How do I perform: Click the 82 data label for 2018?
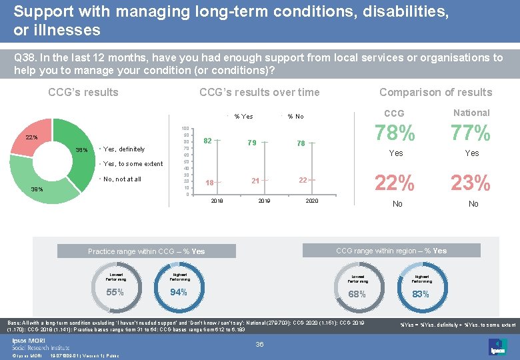click(x=208, y=141)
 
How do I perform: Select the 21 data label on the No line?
click(x=255, y=181)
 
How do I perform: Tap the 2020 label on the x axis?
click(x=311, y=201)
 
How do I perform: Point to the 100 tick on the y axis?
click(x=186, y=128)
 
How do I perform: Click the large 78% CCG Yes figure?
click(x=395, y=133)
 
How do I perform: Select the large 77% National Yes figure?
click(x=471, y=133)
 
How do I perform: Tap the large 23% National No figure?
click(x=471, y=182)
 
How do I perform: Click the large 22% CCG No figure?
click(x=395, y=182)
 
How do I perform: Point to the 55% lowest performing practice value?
click(x=115, y=292)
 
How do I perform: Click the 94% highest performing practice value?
click(x=179, y=292)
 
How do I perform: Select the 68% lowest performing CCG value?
click(x=357, y=294)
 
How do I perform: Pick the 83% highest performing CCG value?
click(x=421, y=294)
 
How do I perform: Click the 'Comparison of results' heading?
click(x=435, y=93)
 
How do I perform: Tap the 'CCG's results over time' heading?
click(x=259, y=93)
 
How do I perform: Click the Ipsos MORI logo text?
click(x=27, y=339)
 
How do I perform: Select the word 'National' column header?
click(x=471, y=113)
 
